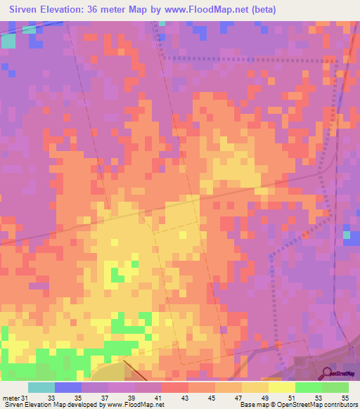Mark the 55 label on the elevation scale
click(x=345, y=398)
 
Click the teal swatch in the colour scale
click(x=41, y=387)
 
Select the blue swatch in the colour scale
click(x=68, y=387)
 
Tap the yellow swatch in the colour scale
click(x=281, y=387)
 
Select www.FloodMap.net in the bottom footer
click(x=136, y=405)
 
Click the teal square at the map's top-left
click(x=8, y=41)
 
